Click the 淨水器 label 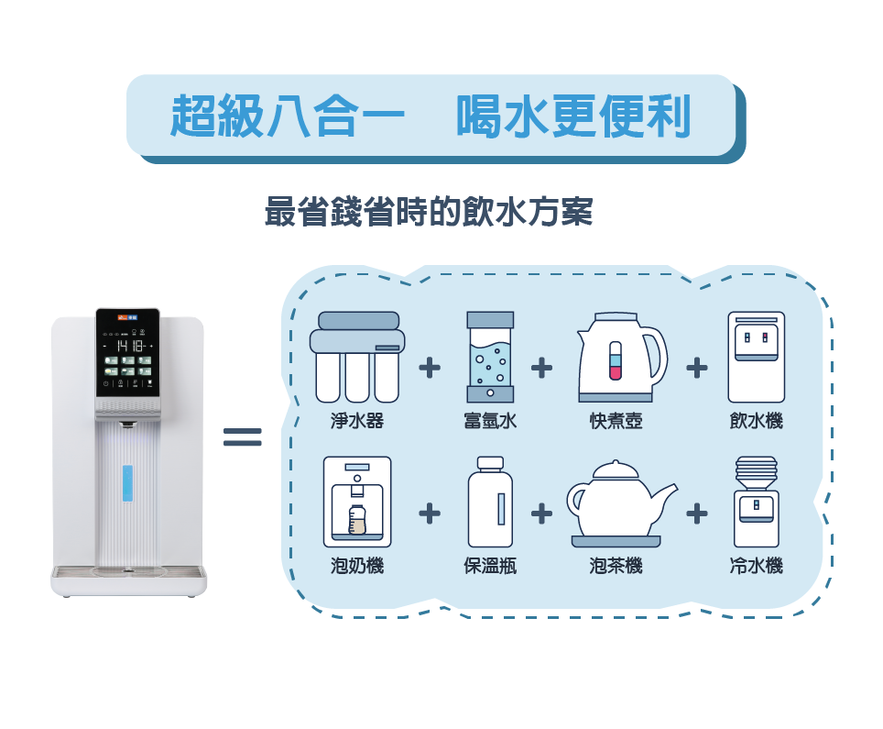coord(357,422)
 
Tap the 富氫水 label coord(490,422)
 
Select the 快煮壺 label coord(616,422)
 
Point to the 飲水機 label coord(756,422)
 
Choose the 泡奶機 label coord(357,566)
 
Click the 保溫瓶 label coord(490,566)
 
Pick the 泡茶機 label coord(616,566)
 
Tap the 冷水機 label coord(756,566)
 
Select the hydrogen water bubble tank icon coord(490,357)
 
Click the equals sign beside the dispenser coord(243,437)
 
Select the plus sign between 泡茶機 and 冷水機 coord(697,514)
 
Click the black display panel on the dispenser coord(128,352)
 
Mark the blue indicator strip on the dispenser coord(127,483)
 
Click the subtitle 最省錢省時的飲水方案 coord(429,213)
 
